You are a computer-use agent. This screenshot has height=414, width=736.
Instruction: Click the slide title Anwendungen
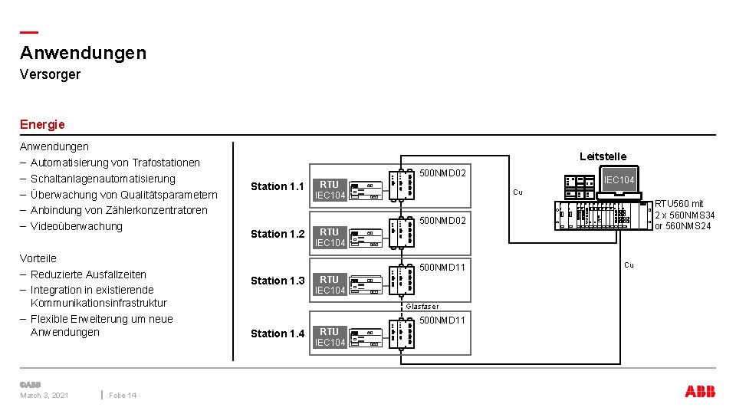[83, 53]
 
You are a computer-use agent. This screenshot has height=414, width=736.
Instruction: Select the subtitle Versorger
[50, 74]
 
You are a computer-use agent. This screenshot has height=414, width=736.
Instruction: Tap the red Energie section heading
[42, 124]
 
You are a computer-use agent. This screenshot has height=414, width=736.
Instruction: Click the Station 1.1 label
[278, 186]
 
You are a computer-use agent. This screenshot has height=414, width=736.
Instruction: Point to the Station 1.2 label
[278, 234]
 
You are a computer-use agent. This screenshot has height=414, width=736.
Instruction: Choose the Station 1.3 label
[278, 281]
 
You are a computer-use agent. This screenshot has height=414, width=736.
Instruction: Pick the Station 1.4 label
[278, 333]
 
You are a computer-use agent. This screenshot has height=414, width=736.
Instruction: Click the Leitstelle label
[603, 156]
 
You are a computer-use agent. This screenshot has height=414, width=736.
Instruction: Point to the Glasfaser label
[422, 307]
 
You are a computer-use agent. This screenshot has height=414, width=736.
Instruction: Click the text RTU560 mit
[678, 204]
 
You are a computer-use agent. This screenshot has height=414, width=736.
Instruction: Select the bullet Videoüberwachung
[76, 226]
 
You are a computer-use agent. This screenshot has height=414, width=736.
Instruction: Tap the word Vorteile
[38, 258]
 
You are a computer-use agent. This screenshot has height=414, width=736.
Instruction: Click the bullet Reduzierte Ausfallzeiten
[88, 274]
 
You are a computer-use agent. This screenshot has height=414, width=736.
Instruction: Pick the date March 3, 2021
[44, 396]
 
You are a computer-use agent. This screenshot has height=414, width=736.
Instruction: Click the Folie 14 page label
[123, 396]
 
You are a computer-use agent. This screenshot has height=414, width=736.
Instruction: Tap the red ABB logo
[700, 392]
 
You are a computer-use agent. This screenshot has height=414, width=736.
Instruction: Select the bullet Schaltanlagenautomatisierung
[103, 179]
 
